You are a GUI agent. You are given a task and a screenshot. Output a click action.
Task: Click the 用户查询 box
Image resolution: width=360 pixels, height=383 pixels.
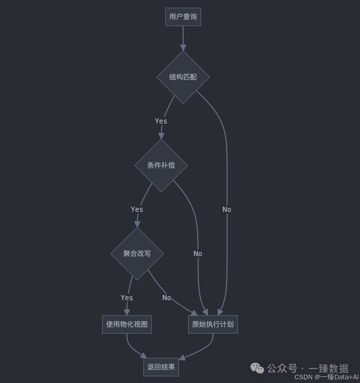point(183,17)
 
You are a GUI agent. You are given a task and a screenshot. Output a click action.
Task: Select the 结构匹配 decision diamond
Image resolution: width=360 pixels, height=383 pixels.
point(183,77)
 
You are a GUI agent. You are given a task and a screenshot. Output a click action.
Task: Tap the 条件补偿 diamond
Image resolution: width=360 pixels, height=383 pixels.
point(161,165)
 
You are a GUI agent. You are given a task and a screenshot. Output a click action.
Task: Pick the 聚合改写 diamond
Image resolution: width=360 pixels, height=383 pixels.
point(137,254)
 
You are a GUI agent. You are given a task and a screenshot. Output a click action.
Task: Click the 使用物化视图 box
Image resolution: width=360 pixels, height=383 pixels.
point(127,324)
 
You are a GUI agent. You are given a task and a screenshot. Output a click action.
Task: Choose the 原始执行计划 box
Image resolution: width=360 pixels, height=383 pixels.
point(213,324)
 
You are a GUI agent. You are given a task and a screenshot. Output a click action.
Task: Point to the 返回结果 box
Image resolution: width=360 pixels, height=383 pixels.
point(161,367)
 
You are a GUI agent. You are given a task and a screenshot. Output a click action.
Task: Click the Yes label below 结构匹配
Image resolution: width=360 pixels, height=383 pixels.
point(161,121)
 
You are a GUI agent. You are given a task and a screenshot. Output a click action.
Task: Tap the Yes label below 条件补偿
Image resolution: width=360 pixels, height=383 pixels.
point(137,210)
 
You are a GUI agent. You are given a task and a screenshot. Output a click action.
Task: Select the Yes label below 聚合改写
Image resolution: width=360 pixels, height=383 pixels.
point(127,298)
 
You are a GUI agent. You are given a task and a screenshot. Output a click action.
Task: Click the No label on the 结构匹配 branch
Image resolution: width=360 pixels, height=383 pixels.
point(227,210)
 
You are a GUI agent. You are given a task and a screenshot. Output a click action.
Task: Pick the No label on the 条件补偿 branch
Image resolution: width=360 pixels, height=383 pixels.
point(198,254)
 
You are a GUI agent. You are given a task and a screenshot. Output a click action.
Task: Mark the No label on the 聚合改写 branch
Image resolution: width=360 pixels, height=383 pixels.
point(167,298)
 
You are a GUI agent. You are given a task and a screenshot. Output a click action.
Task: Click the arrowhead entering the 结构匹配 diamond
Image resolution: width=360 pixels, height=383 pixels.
point(183,48)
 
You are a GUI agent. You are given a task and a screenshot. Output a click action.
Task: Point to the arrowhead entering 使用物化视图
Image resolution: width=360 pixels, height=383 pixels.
point(127,312)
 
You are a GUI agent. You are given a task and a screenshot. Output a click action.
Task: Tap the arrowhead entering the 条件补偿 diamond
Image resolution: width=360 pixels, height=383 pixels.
point(161,136)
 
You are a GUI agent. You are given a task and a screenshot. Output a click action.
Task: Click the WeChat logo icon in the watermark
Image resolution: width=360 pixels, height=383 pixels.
point(257,368)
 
